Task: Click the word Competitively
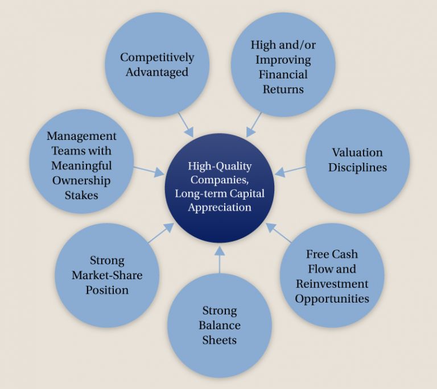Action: coord(157,57)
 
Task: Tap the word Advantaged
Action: coord(157,72)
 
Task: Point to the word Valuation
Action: coord(357,152)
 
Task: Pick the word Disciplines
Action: coord(357,167)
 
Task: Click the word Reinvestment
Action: coord(332,283)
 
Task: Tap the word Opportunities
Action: coord(332,298)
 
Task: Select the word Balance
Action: coord(220,325)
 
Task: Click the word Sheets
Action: coord(220,340)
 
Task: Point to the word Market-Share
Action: coord(107,275)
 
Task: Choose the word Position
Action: coord(107,290)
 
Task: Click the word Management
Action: coord(81,136)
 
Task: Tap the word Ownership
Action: coord(81,180)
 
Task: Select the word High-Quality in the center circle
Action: coord(220,167)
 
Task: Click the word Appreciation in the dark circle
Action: coord(220,208)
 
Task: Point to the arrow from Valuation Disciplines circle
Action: coord(290,170)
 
